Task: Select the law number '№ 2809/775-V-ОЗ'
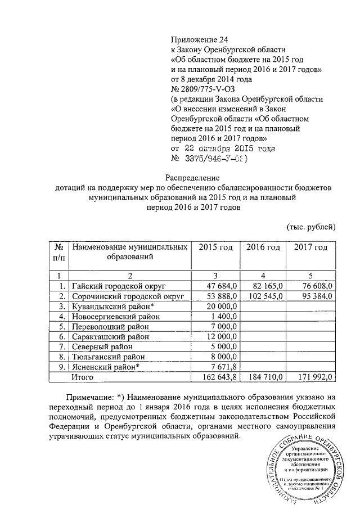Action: (202, 89)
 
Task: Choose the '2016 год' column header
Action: (263, 247)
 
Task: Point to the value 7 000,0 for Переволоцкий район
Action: (226, 326)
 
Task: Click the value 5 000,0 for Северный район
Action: (226, 346)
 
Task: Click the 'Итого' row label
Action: (82, 377)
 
